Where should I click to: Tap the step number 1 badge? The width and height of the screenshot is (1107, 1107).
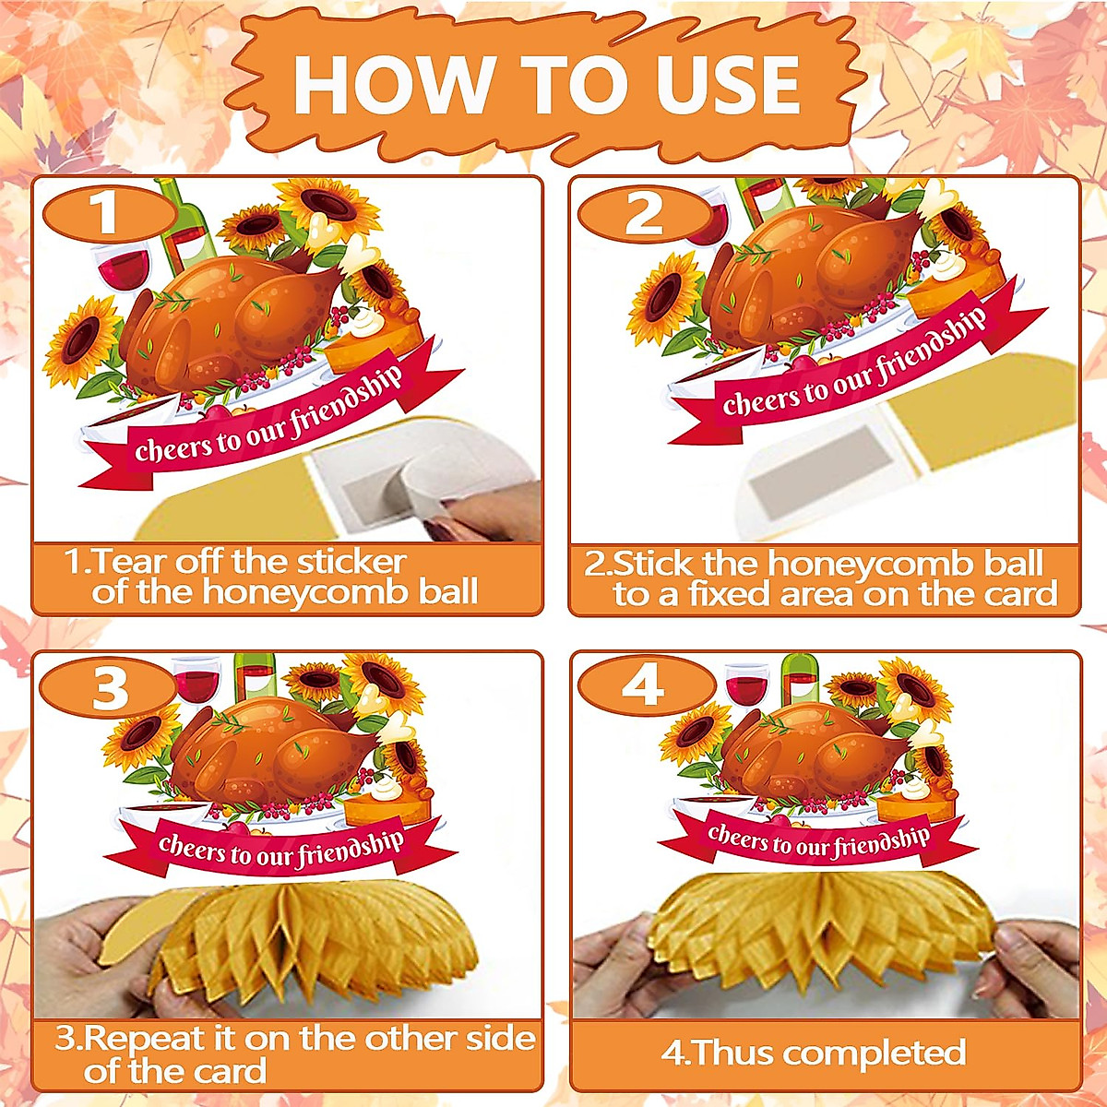click(107, 213)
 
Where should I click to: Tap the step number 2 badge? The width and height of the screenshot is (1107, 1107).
click(644, 213)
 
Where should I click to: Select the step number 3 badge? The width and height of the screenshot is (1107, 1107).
click(109, 689)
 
